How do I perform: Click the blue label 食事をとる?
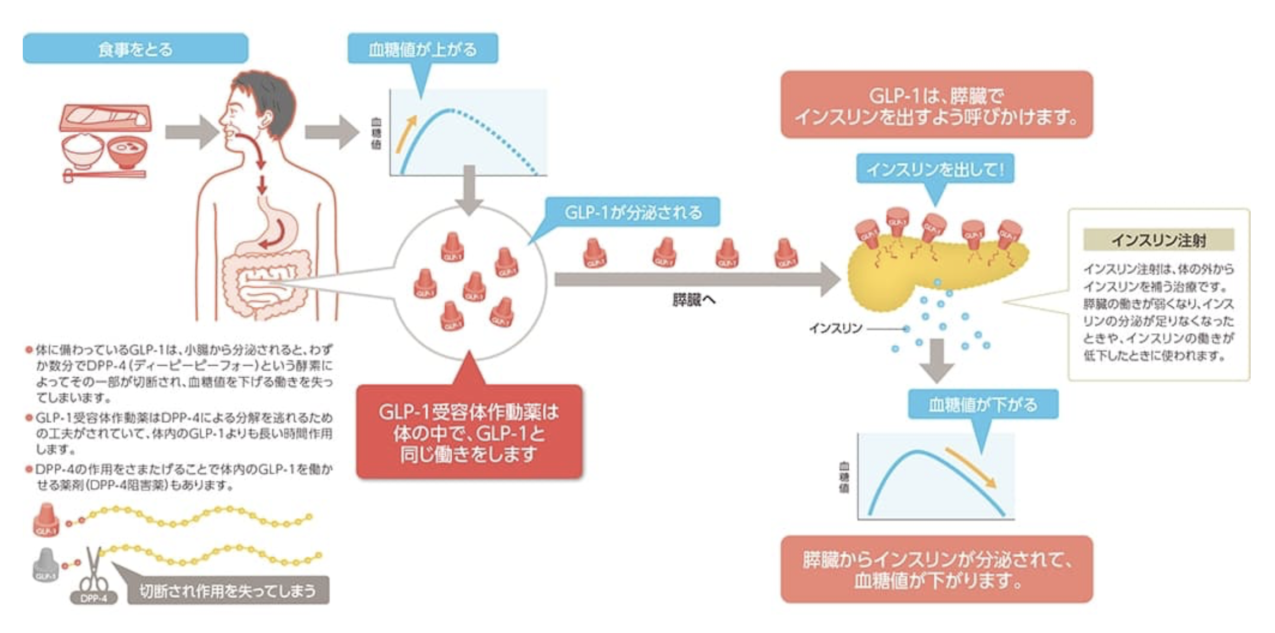(135, 49)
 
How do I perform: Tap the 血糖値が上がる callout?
(422, 49)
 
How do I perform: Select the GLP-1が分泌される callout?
(633, 212)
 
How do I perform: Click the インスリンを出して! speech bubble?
(935, 169)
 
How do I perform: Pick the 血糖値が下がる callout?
(983, 404)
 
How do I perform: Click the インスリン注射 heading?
(1158, 240)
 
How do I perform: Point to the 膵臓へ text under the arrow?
(693, 300)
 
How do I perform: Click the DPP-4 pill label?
(94, 598)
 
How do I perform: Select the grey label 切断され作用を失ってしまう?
(227, 590)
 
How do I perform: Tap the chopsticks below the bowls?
(104, 175)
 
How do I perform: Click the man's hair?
(271, 92)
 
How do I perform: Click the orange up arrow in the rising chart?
(406, 133)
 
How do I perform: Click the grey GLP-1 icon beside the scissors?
(46, 565)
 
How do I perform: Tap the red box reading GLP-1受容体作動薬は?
(469, 432)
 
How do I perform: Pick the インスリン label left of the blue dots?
(835, 328)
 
